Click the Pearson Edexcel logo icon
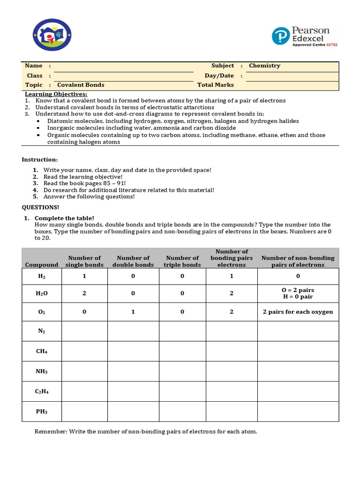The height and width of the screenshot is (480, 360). tap(281, 36)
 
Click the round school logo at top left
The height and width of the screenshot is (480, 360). tap(52, 35)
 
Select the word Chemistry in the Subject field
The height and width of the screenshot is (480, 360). tap(264, 66)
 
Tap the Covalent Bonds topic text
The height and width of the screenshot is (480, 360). tap(81, 85)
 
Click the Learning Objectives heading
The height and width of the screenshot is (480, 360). tap(56, 94)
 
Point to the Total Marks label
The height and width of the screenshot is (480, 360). tap(215, 85)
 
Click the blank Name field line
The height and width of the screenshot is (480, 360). tap(124, 67)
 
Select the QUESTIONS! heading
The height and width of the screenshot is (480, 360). tap(41, 207)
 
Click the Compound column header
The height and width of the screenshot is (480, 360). tap(42, 265)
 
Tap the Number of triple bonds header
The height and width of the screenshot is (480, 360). tap(182, 261)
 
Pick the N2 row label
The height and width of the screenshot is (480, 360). tap(42, 331)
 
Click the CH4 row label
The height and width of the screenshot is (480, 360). tap(42, 351)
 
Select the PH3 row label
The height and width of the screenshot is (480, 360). tap(42, 412)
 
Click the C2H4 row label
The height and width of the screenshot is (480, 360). tap(42, 391)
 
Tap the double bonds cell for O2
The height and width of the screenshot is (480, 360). tap(133, 312)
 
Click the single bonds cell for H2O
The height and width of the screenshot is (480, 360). tap(84, 293)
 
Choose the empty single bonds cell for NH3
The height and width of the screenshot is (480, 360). tap(84, 371)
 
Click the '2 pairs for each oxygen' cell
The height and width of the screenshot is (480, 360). tap(298, 312)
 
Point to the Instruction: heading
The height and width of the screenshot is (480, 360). tap(40, 160)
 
